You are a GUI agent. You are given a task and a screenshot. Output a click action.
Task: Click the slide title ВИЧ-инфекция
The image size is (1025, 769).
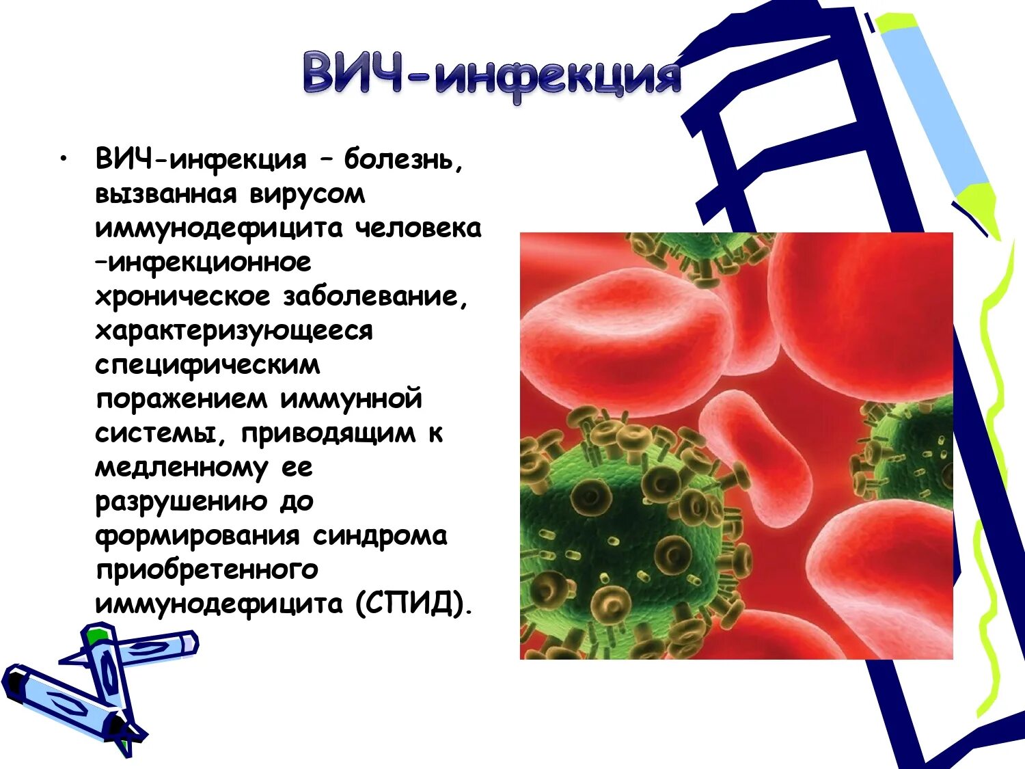click(492, 75)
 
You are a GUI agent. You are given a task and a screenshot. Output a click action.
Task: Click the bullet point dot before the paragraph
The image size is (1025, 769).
click(64, 159)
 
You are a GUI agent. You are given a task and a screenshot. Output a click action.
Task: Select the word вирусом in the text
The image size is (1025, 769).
click(307, 194)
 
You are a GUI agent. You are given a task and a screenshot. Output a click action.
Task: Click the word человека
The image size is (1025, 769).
click(418, 228)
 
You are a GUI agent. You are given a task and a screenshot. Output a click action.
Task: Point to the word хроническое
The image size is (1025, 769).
click(182, 297)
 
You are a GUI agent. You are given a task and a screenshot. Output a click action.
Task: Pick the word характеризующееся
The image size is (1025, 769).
click(234, 331)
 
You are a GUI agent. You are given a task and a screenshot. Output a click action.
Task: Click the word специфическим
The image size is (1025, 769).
click(207, 365)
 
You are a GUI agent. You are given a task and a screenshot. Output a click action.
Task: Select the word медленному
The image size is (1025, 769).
click(181, 468)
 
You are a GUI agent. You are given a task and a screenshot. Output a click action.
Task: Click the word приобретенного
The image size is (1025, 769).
click(206, 570)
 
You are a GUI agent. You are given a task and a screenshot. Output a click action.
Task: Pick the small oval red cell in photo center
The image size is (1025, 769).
click(755, 458)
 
